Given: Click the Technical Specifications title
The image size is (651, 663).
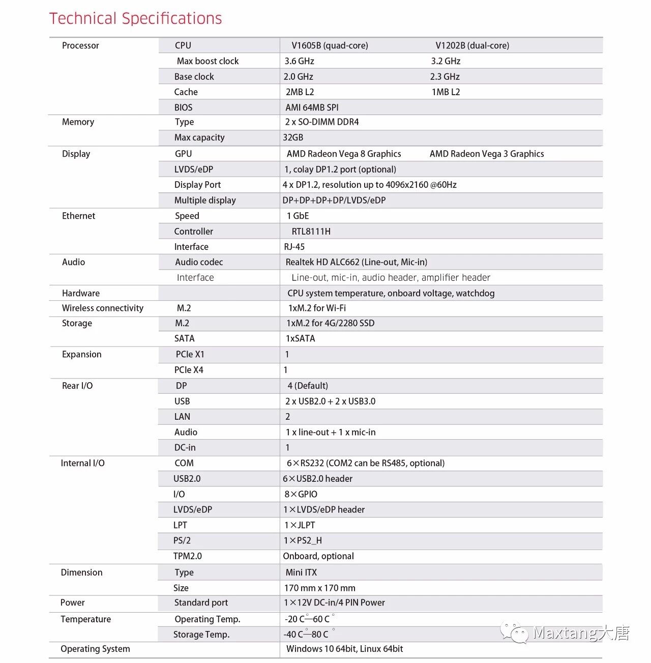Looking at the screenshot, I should (x=135, y=19).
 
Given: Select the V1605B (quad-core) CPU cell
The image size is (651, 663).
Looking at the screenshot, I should (x=330, y=45).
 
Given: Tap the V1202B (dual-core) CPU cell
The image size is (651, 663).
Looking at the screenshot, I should (x=472, y=45).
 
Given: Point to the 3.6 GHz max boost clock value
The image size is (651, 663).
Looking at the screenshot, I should (x=299, y=61).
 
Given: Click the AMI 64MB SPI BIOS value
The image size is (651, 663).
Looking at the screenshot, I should (x=312, y=107).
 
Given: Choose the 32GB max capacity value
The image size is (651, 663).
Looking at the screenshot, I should (x=293, y=137).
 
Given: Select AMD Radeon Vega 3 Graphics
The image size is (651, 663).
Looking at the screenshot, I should (x=487, y=154).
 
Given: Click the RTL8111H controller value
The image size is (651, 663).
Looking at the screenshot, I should (x=311, y=232).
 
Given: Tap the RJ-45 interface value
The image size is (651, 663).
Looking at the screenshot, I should (x=294, y=247).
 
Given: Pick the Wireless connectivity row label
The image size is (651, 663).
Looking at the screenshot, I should (x=103, y=308).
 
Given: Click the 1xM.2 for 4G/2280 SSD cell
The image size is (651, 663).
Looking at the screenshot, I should (x=330, y=323).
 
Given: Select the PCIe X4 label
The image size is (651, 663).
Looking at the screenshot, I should (x=189, y=370).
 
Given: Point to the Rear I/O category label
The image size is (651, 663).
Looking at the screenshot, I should (x=77, y=386).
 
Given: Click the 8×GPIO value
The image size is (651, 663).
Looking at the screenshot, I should (x=301, y=494).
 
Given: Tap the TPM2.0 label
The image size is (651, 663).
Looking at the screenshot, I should (x=187, y=556).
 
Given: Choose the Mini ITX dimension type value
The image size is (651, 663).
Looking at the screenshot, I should (x=301, y=572).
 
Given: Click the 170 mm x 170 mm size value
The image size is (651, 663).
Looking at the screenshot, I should (x=319, y=588).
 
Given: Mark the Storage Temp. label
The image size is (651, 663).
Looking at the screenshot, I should (x=201, y=635).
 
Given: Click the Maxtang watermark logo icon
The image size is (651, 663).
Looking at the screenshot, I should (x=515, y=632).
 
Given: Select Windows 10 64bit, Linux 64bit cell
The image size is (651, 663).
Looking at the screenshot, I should (x=344, y=649).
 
